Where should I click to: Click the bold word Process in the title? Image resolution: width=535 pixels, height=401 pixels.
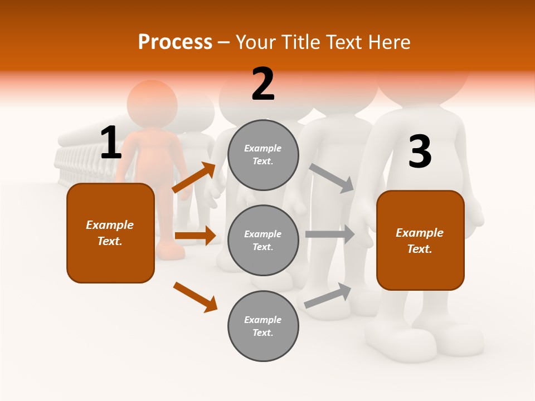tap(175, 42)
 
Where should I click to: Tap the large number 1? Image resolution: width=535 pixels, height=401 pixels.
tap(110, 143)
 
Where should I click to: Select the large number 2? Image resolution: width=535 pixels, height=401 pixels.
tap(263, 85)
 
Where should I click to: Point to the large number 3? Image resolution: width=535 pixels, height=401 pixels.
tap(420, 152)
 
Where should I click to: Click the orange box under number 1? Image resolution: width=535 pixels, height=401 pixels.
tap(110, 233)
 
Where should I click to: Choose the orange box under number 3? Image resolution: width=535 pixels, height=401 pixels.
tap(420, 240)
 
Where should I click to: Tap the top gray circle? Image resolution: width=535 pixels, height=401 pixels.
tap(263, 155)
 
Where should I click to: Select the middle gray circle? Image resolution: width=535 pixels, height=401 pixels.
tap(263, 240)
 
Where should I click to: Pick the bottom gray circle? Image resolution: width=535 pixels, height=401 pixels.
tap(263, 326)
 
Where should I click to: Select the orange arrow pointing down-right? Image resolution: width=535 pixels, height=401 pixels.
tap(195, 297)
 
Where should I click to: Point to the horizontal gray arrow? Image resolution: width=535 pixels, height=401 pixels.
tap(330, 234)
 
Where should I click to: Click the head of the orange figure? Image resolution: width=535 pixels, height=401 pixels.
tap(152, 104)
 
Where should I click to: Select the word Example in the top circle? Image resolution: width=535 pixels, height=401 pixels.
tap(263, 148)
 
